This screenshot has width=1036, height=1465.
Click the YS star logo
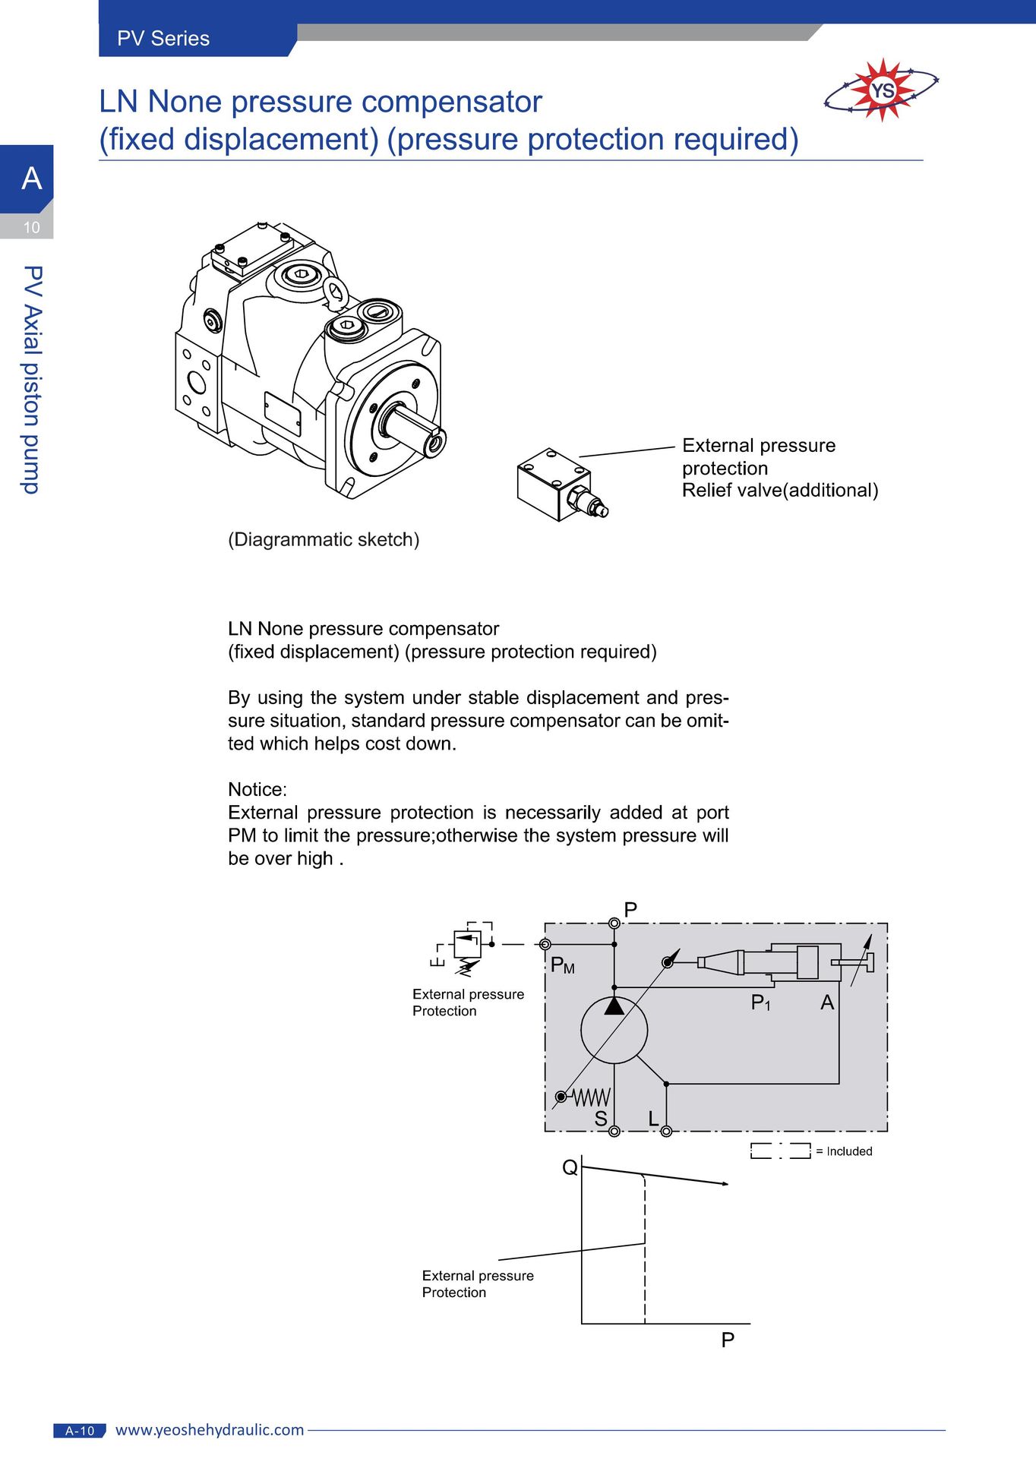pos(882,90)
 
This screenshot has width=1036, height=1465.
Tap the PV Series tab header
pos(163,39)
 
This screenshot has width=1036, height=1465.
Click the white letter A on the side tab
pos(31,178)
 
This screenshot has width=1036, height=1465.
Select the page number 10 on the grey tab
pos(31,227)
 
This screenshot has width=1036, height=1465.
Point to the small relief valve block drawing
pos(563,485)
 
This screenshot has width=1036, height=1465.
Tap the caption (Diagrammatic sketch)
pos(324,540)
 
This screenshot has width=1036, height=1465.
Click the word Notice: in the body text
pos(257,790)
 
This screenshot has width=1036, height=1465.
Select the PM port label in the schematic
pos(563,965)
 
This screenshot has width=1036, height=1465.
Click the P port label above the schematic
pos(630,910)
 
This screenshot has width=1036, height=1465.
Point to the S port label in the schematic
pos(601,1119)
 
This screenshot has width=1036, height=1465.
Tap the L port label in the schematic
pos(653,1119)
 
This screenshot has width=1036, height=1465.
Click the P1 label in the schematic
pos(761,1003)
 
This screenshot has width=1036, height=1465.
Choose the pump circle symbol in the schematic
pos(614,1030)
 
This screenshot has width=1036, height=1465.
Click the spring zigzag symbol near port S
pos(592,1097)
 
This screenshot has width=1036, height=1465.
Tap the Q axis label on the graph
pos(570,1167)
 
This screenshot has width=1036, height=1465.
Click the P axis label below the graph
pos(728,1340)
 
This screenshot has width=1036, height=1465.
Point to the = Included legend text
pos(844,1151)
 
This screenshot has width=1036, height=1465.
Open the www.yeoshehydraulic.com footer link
pos(210,1430)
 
